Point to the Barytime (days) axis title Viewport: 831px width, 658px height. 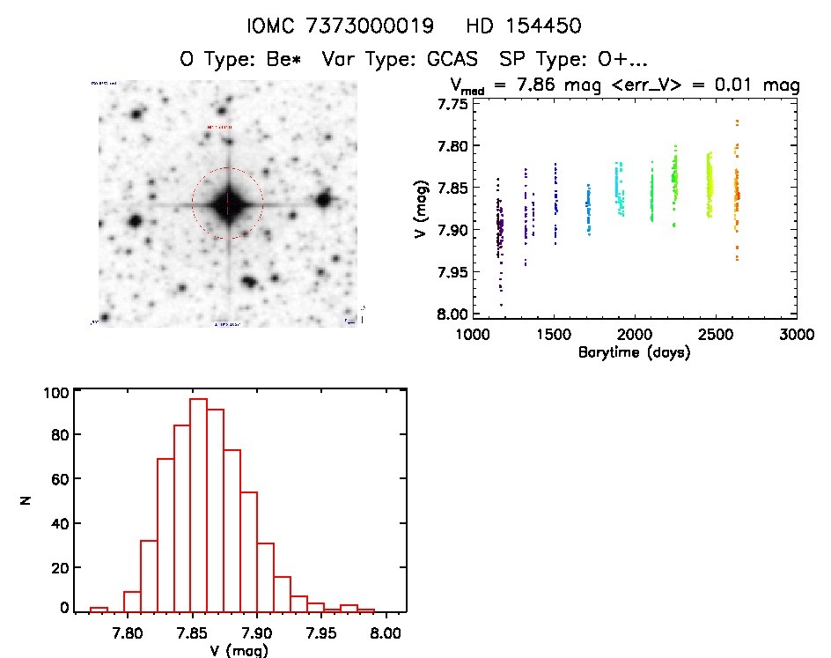pos(634,352)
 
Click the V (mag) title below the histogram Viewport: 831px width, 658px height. pos(239,650)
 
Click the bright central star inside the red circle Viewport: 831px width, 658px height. pos(227,204)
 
